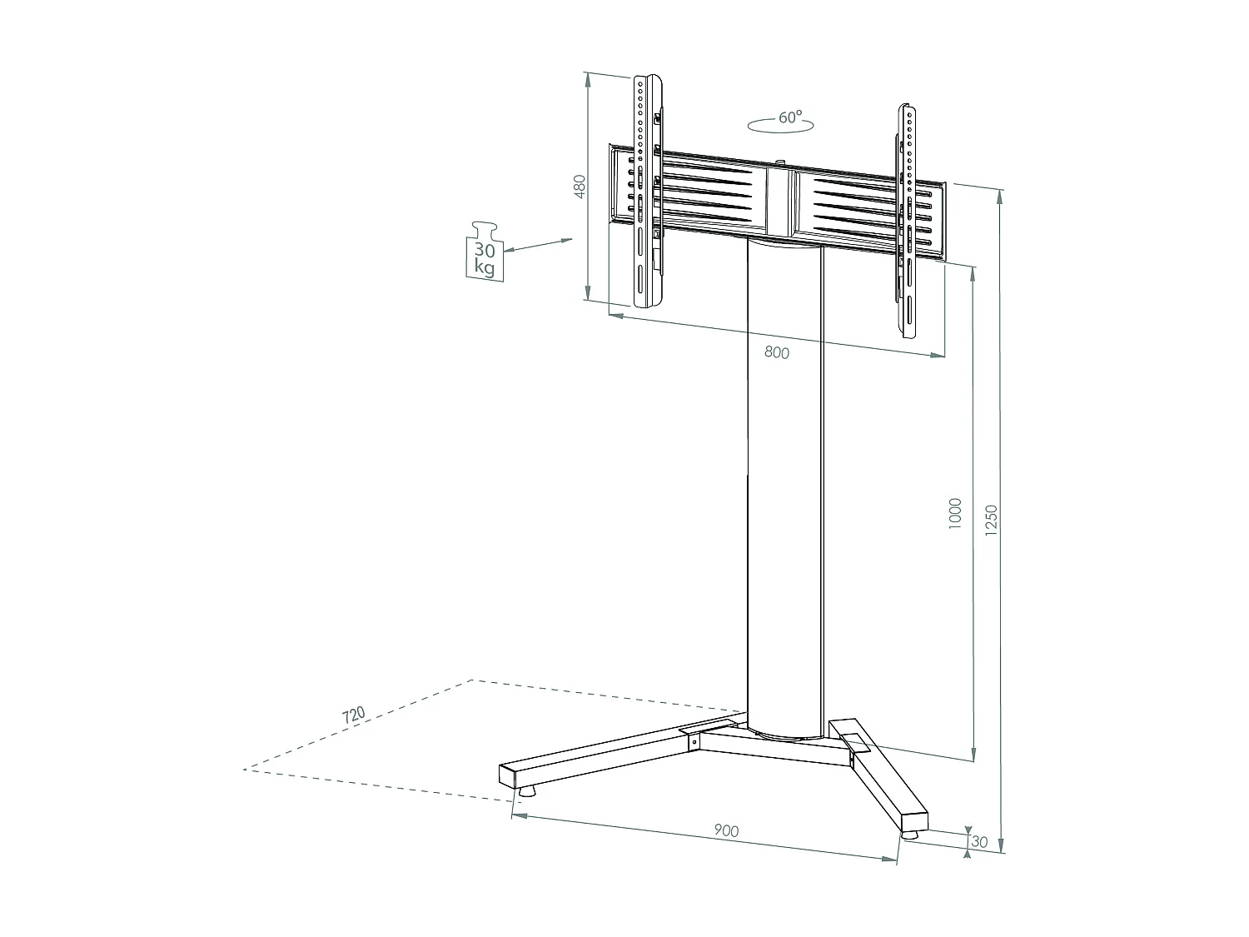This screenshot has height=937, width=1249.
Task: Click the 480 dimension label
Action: (581, 186)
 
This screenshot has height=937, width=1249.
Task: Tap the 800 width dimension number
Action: (776, 352)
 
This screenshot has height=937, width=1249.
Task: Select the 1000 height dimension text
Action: (955, 512)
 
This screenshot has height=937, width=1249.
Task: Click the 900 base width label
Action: (726, 830)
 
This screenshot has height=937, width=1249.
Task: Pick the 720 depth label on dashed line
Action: (353, 715)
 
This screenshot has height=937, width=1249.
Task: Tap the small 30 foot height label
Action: (979, 842)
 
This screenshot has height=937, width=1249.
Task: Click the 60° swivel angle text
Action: (790, 117)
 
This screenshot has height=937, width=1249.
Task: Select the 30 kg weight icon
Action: (484, 252)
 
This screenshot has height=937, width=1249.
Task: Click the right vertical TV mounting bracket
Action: (908, 221)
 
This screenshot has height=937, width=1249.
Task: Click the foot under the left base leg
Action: (525, 792)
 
